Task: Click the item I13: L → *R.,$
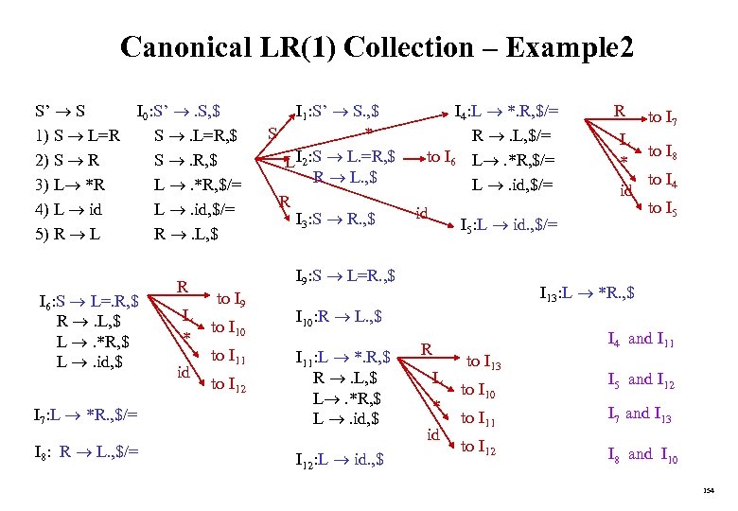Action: (586, 292)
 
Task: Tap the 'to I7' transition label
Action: (667, 118)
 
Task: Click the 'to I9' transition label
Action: (233, 300)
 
